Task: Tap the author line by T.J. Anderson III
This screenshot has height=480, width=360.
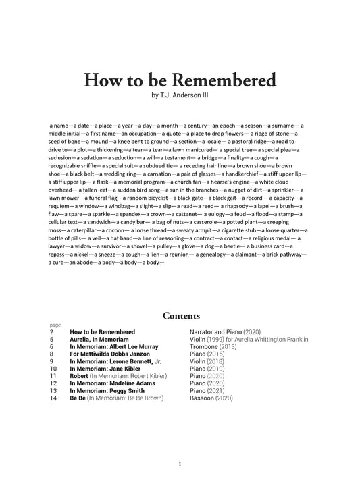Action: coord(180,95)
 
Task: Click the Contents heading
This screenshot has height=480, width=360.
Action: coord(180,315)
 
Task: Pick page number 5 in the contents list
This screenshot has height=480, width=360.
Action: coord(51,339)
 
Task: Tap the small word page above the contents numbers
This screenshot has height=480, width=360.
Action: coord(55,325)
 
